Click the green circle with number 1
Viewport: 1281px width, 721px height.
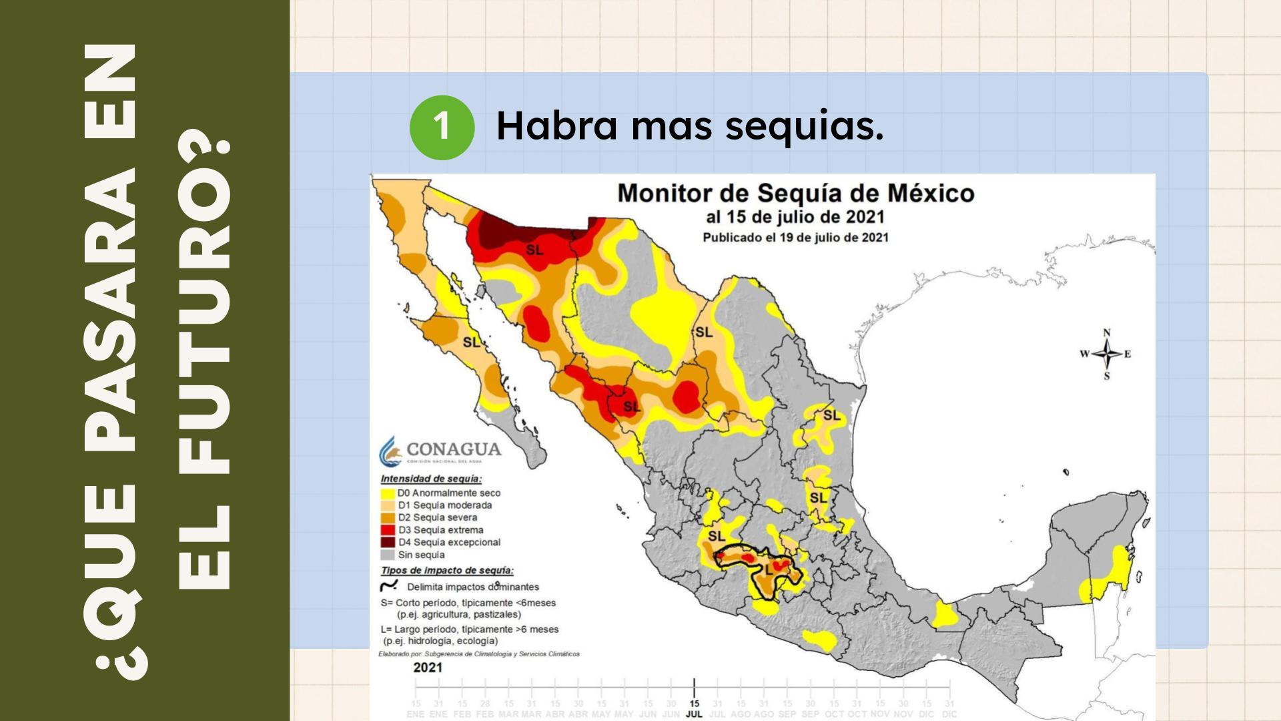tap(442, 127)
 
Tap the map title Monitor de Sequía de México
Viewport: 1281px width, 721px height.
tap(795, 194)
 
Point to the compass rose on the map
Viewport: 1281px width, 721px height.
tap(1107, 354)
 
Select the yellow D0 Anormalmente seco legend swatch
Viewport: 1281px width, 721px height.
tap(387, 493)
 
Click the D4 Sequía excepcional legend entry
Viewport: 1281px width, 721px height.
tap(449, 542)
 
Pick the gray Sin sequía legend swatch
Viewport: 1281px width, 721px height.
tap(387, 555)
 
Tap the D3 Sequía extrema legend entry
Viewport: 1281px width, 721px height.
tap(440, 530)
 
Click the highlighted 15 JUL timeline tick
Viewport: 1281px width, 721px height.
tap(694, 708)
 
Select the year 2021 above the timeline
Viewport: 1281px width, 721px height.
tap(428, 668)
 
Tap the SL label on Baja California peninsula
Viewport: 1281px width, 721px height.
tap(471, 342)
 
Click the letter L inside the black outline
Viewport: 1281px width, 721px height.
tap(769, 571)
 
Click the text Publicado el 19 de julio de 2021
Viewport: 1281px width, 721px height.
tap(795, 238)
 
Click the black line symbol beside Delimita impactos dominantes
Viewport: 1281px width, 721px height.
tap(388, 586)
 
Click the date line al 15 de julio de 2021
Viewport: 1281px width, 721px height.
tap(795, 217)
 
